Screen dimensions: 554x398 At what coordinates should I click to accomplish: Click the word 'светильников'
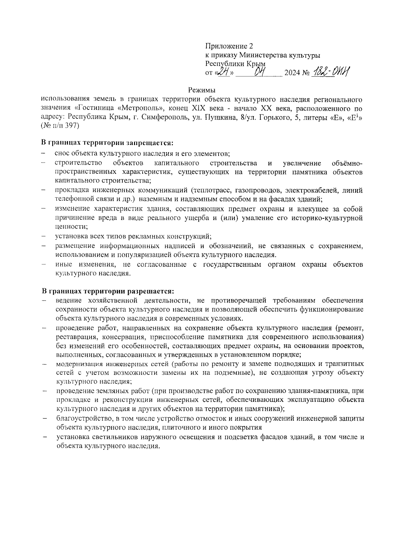(x=106, y=437)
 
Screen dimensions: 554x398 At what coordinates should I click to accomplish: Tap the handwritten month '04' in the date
(x=259, y=72)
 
